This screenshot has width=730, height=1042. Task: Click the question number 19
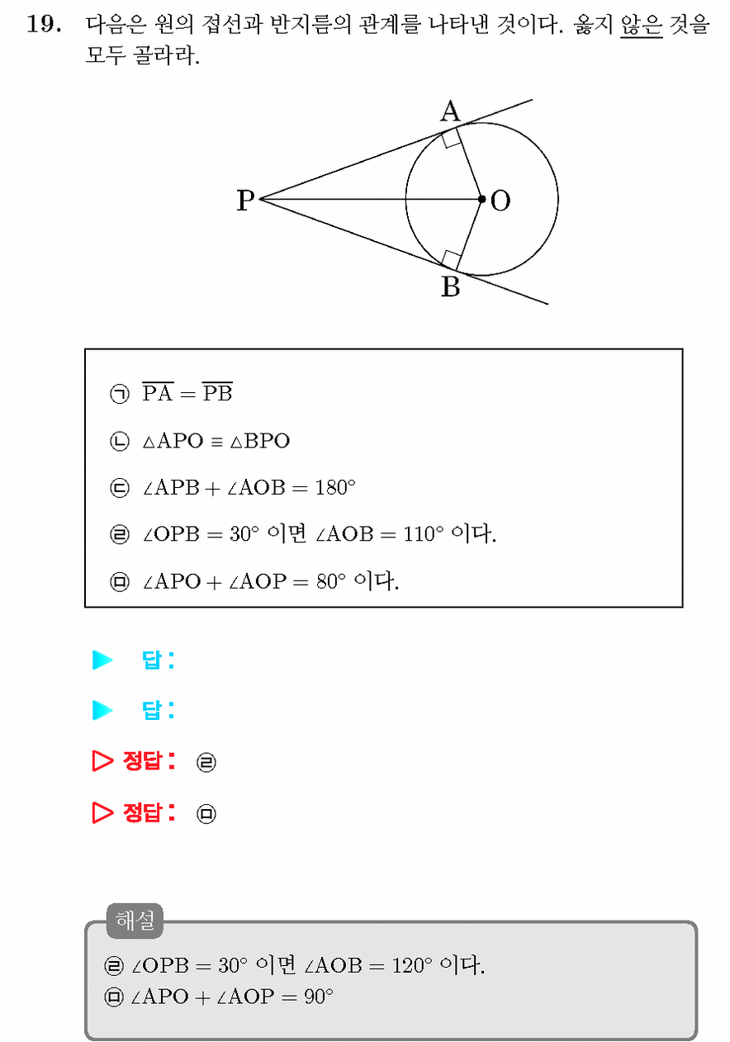click(x=44, y=24)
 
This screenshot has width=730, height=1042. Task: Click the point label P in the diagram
click(x=245, y=201)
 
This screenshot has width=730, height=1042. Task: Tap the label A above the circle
click(x=450, y=111)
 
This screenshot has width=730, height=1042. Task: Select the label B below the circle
click(x=450, y=287)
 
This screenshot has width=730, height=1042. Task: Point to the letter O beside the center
click(x=500, y=201)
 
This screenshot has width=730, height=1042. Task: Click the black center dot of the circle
click(x=482, y=200)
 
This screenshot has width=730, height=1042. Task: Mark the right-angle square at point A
click(x=452, y=138)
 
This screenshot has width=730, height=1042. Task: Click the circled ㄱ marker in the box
click(x=120, y=394)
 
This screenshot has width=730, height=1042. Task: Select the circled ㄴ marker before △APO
click(x=120, y=441)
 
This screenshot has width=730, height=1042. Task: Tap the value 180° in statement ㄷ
click(x=335, y=487)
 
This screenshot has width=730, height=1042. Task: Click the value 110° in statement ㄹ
click(x=423, y=533)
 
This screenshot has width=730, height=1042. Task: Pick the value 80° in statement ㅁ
click(x=331, y=581)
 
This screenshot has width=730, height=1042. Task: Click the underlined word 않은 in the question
click(x=641, y=24)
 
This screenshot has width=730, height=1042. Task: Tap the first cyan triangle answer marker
click(x=103, y=660)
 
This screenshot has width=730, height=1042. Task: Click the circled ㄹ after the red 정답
click(x=206, y=762)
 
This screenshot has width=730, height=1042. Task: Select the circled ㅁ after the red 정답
click(x=206, y=813)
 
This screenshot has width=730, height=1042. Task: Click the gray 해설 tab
click(x=135, y=921)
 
